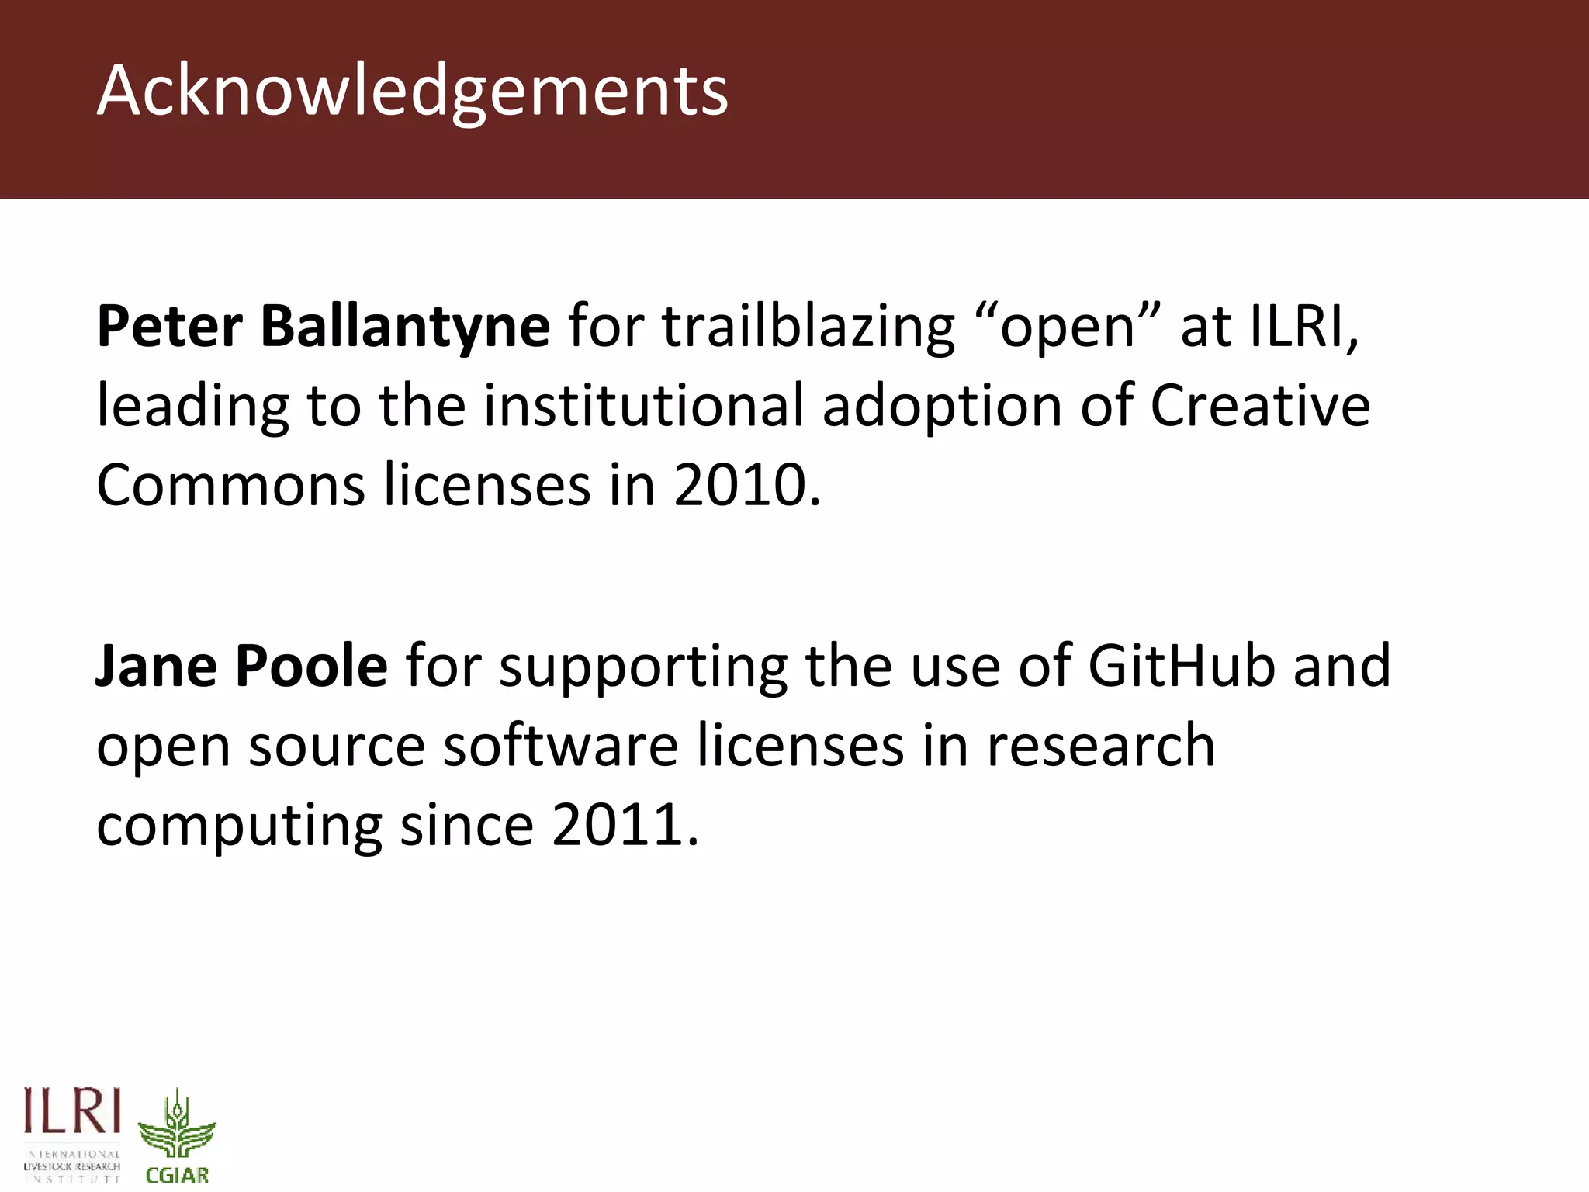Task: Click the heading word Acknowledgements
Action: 412,92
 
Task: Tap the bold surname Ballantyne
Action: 405,327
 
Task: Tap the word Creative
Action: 1260,406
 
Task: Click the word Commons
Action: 230,485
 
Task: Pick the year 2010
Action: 746,485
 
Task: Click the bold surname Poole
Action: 311,667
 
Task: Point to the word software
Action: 560,745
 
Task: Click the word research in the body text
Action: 1101,745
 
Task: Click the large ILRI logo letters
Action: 72,1111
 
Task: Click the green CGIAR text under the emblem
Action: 178,1175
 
